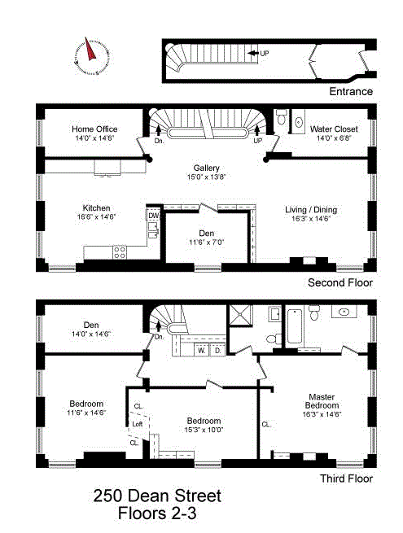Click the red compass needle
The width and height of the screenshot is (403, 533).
[x=90, y=50]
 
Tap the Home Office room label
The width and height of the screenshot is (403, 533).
[x=94, y=129]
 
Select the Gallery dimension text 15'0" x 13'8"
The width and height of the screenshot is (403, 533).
[x=207, y=177]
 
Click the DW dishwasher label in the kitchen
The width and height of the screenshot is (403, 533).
[x=154, y=216]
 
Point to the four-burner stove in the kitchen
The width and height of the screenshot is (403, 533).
[x=120, y=252]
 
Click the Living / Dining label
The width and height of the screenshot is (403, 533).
[x=311, y=210]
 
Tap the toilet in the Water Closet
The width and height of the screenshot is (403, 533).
[x=281, y=116]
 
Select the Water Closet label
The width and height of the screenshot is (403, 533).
[x=334, y=129]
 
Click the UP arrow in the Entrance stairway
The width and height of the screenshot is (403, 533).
[x=252, y=53]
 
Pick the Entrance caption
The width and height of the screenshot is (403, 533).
[x=351, y=91]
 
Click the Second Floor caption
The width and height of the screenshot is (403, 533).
[x=339, y=282]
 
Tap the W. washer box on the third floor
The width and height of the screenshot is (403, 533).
[x=202, y=350]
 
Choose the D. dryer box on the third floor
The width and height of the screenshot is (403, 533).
[x=217, y=350]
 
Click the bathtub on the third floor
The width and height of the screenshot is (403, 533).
[x=294, y=326]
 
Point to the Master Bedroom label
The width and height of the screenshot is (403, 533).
[x=322, y=401]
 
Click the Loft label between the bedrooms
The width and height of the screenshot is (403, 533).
[x=137, y=424]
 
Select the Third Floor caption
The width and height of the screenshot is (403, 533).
[x=346, y=478]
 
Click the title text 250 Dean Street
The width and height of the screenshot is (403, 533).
[x=157, y=496]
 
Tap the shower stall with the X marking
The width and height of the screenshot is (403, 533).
[x=241, y=316]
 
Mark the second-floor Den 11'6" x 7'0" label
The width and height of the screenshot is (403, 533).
[x=207, y=238]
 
